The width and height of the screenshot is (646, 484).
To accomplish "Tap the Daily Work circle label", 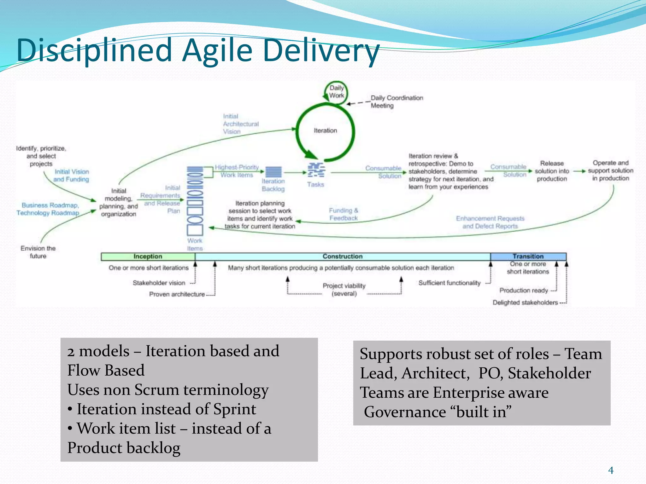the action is tap(336, 92).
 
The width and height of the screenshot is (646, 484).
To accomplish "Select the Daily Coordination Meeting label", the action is tap(396, 101).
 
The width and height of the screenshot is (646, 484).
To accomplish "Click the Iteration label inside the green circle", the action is tap(325, 130).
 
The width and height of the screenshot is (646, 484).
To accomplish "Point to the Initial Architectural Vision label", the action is tap(241, 124).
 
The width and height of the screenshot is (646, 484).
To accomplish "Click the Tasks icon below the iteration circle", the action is tap(316, 170).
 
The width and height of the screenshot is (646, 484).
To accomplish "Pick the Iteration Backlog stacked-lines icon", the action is tap(273, 172).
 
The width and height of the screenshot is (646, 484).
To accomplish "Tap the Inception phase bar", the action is tap(148, 256).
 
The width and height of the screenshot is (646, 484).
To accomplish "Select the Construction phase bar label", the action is tap(342, 256).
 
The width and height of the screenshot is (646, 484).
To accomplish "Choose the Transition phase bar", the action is tap(528, 256).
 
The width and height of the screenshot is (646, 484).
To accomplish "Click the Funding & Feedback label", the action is tap(343, 214).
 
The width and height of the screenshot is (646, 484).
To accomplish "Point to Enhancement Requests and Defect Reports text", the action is tap(490, 222).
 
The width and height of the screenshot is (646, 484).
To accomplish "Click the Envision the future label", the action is tap(38, 252).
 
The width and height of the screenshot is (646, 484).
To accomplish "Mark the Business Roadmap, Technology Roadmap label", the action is tap(48, 209).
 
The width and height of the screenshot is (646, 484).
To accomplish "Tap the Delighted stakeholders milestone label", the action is tap(525, 302).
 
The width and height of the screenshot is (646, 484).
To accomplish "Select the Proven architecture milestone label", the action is tap(177, 294).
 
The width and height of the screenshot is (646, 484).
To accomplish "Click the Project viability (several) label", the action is tap(344, 290).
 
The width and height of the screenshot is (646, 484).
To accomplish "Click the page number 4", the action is tap(611, 470).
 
